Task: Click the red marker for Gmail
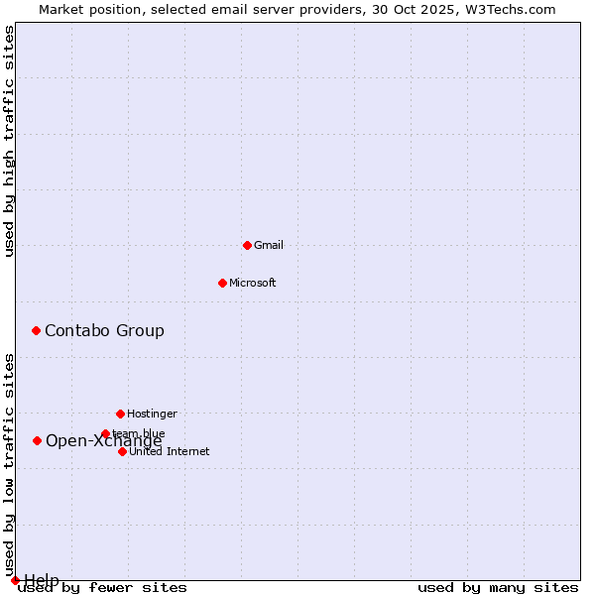pyautogui.click(x=247, y=245)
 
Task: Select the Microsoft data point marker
pyautogui.click(x=222, y=283)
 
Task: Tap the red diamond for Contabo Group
pyautogui.click(x=36, y=330)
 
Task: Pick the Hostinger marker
pyautogui.click(x=120, y=414)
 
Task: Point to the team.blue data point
pyautogui.click(x=105, y=433)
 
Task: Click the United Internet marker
pyautogui.click(x=122, y=451)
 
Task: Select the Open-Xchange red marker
pyautogui.click(x=37, y=440)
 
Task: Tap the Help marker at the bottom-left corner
pyautogui.click(x=15, y=580)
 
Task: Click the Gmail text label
pyautogui.click(x=269, y=245)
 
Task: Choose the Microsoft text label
pyautogui.click(x=252, y=283)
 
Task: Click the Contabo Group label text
pyautogui.click(x=104, y=330)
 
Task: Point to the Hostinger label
pyautogui.click(x=152, y=414)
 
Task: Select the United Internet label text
pyautogui.click(x=169, y=451)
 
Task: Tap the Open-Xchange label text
pyautogui.click(x=103, y=441)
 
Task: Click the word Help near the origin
pyautogui.click(x=42, y=579)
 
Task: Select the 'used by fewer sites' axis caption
pyautogui.click(x=102, y=588)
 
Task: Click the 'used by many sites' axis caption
pyautogui.click(x=498, y=588)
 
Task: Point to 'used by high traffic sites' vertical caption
pyautogui.click(x=9, y=141)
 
